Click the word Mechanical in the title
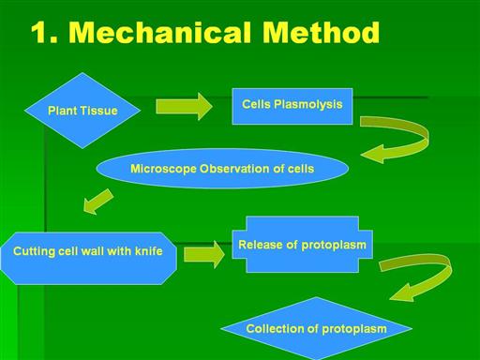tap(159, 32)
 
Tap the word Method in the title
tap(321, 32)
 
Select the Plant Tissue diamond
tap(82, 111)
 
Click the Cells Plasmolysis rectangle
tap(292, 106)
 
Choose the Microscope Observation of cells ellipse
tap(222, 169)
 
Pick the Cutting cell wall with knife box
tap(89, 258)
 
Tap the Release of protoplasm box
tap(302, 245)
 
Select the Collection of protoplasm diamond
tap(316, 328)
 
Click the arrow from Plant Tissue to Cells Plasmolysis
tap(184, 107)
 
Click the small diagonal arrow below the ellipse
tap(98, 202)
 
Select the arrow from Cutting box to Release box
tap(203, 254)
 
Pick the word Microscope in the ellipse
tap(163, 169)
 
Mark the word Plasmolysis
tap(308, 105)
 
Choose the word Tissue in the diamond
tap(100, 111)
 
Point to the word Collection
tap(274, 328)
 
